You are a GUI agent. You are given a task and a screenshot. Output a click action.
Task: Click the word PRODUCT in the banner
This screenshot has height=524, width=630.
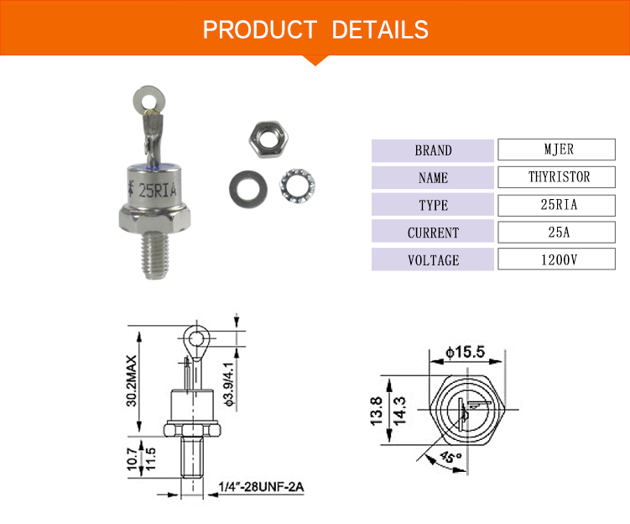[260, 29]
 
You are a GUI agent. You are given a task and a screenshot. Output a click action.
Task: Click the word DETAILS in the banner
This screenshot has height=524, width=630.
[380, 29]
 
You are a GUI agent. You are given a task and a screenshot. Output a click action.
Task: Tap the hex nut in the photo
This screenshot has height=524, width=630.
[268, 139]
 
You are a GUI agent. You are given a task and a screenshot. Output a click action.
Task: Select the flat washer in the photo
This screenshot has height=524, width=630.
[248, 189]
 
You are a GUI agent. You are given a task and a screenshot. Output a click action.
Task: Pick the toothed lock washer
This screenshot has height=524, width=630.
[297, 186]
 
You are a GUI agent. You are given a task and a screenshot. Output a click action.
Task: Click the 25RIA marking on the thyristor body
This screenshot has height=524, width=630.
[157, 190]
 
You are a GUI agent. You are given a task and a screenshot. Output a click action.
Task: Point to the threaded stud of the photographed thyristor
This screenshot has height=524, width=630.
[155, 256]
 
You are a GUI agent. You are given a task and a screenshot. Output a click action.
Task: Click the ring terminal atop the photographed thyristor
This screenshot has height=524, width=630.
[149, 98]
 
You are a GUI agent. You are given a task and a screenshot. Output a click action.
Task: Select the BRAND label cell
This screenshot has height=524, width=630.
[433, 151]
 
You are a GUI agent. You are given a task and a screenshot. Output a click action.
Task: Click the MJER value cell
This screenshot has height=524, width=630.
[556, 149]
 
